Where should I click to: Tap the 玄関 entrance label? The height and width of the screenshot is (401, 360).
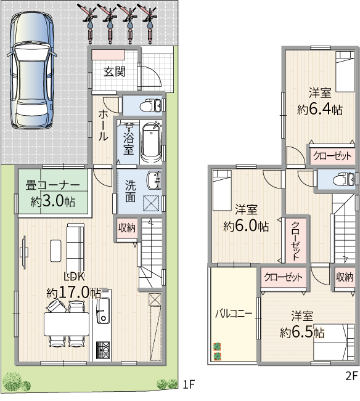point(115,72)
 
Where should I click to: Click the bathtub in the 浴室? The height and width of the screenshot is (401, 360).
point(151,143)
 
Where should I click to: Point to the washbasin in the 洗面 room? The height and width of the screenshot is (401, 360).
point(154,180)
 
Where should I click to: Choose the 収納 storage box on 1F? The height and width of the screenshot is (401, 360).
point(127,228)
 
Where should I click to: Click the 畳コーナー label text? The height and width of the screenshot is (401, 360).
point(53,185)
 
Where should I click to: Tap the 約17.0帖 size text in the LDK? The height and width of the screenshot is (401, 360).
point(74,293)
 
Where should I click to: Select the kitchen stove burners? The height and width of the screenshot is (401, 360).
point(103,350)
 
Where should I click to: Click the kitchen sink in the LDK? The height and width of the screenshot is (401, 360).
point(103,310)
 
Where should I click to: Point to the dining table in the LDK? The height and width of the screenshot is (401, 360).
point(67,324)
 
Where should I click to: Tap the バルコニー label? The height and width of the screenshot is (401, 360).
point(234,314)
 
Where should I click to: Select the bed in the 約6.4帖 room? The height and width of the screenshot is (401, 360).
point(345,71)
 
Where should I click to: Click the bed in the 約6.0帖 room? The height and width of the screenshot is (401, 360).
point(222,190)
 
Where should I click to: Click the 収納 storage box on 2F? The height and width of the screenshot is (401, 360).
point(345,277)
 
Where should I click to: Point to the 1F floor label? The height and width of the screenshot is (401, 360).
point(189,384)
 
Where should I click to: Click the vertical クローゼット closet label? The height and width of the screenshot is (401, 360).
point(295,241)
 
